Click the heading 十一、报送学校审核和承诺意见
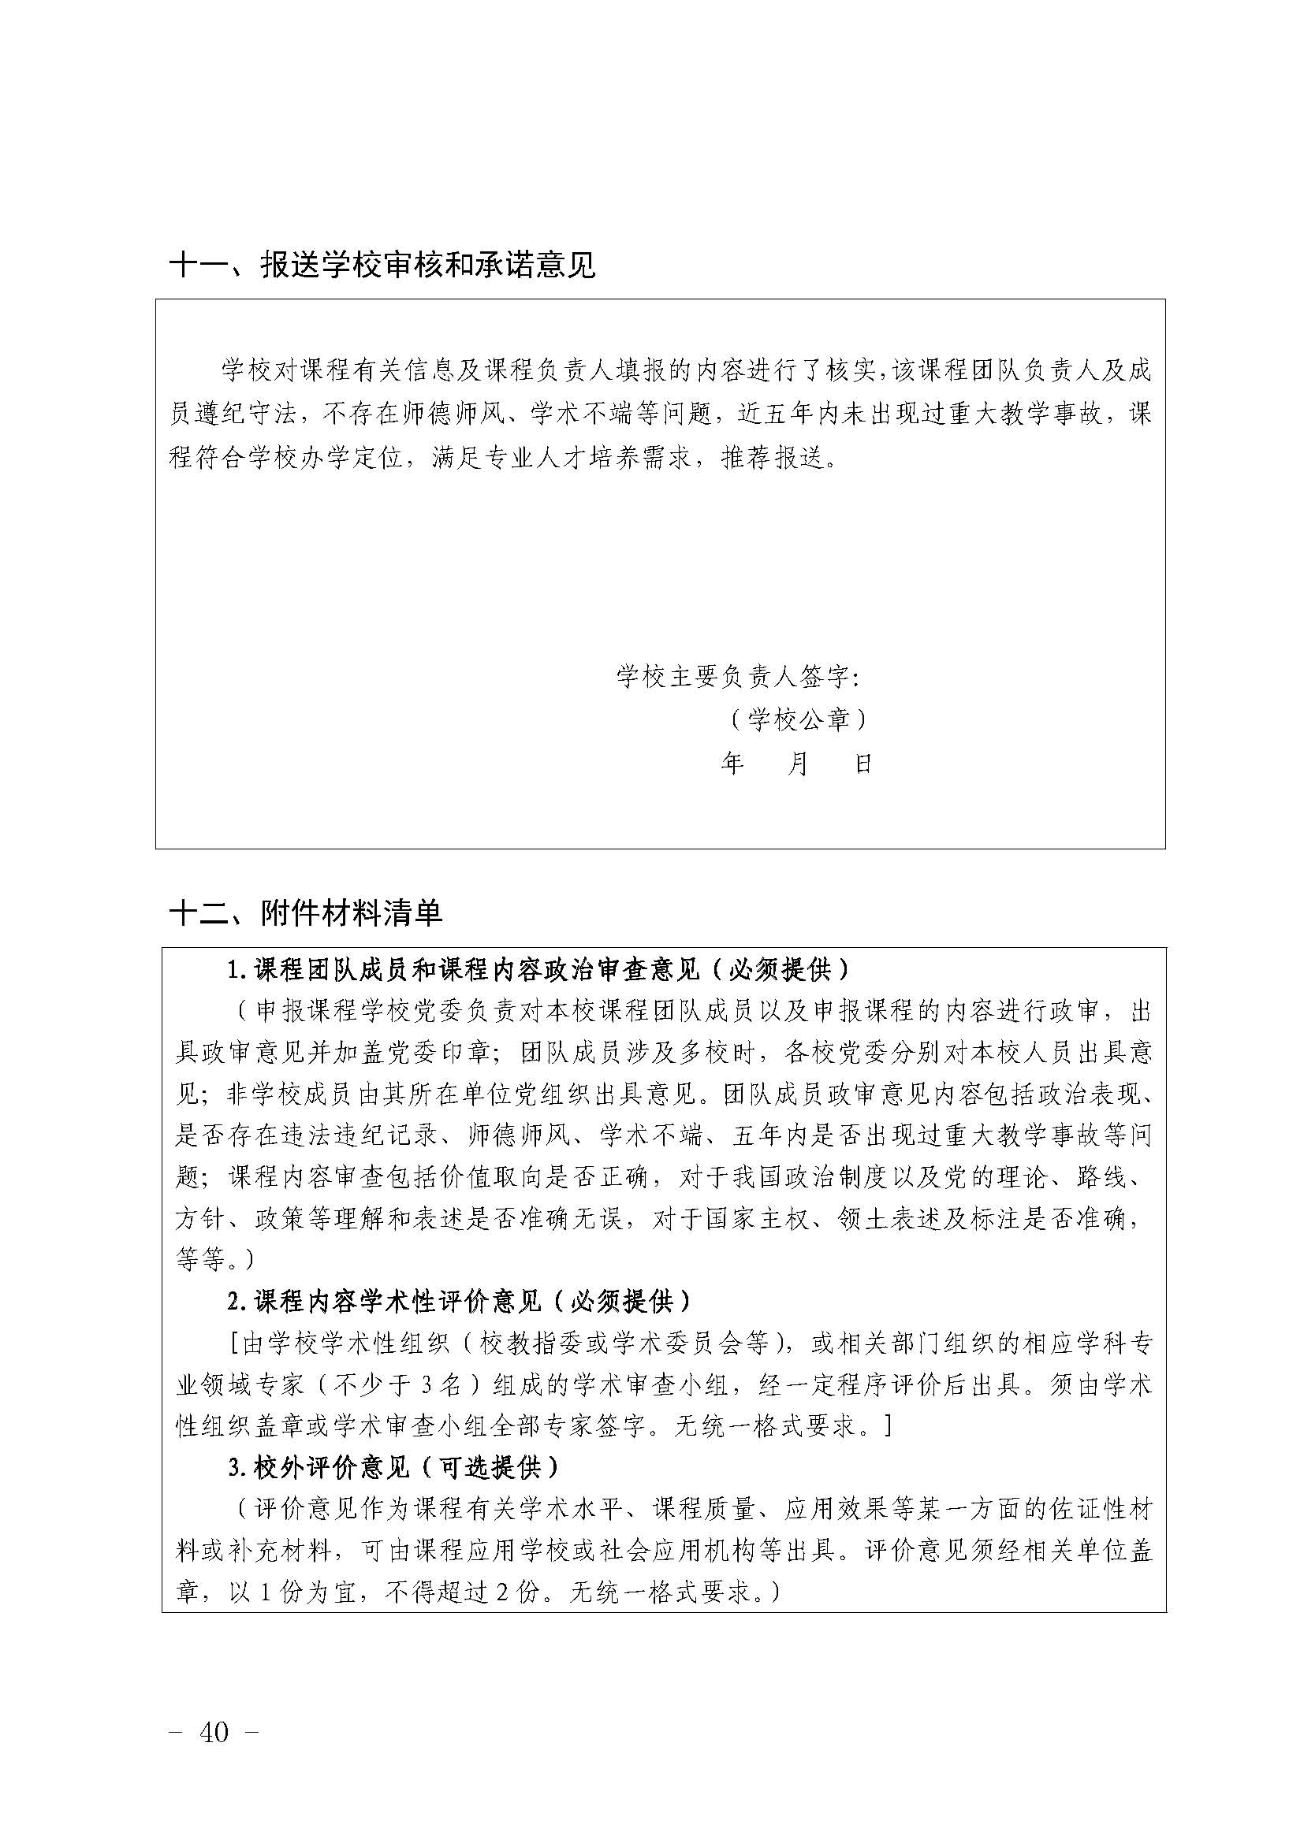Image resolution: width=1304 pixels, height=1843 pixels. pos(382,266)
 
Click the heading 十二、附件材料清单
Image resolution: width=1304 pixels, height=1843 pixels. pos(306,912)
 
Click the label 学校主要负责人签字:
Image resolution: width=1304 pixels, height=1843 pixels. pos(738,677)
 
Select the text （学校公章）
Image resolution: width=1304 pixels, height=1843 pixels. pos(797,720)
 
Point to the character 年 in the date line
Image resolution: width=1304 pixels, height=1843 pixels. pos(732,764)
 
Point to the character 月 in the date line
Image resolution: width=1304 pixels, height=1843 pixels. pos(797,764)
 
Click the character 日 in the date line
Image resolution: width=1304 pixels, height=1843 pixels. pos(863,764)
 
